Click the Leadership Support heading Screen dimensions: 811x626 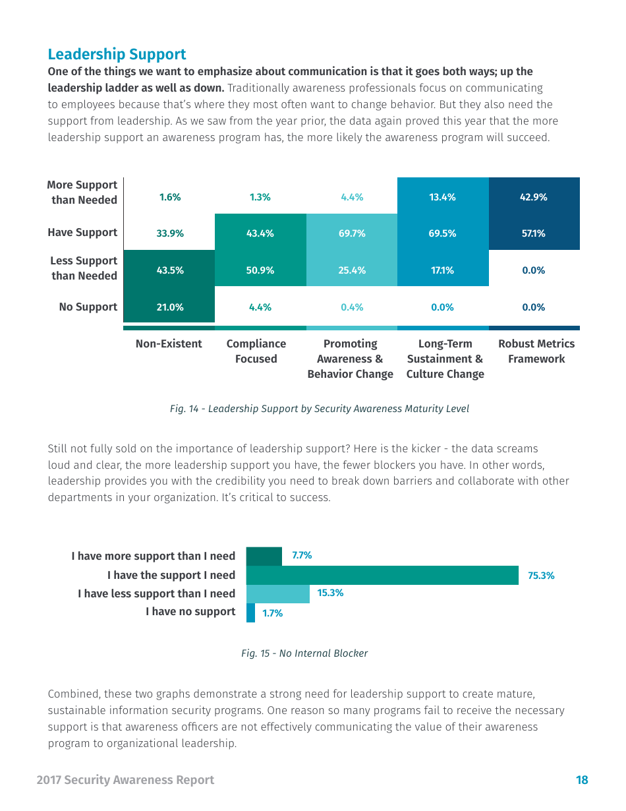pos(117,54)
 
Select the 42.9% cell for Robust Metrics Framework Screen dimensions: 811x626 pos(534,197)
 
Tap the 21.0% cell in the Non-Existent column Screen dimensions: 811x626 pos(169,307)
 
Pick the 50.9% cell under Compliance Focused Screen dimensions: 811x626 pos(260,270)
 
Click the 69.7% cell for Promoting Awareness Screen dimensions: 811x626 pos(352,233)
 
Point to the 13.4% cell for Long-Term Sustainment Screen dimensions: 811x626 pos(443,197)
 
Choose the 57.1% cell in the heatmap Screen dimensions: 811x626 pos(534,233)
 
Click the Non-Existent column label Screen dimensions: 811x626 pos(169,344)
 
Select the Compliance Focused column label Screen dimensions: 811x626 pos(256,351)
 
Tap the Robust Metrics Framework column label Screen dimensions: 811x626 pos(536,351)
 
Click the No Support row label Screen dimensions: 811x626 pos(88,307)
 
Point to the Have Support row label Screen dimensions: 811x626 pos(82,232)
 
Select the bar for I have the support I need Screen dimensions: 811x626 pos(382,575)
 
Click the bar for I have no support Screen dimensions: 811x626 pos(250,613)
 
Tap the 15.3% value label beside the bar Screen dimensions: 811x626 pos(330,593)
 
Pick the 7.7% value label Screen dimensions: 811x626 pos(302,555)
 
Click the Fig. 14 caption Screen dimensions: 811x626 pos(320,409)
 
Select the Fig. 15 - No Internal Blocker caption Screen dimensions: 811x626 pos(304,653)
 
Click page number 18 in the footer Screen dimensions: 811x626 pos(582,780)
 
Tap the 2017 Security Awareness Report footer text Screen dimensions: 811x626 pos(125,780)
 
